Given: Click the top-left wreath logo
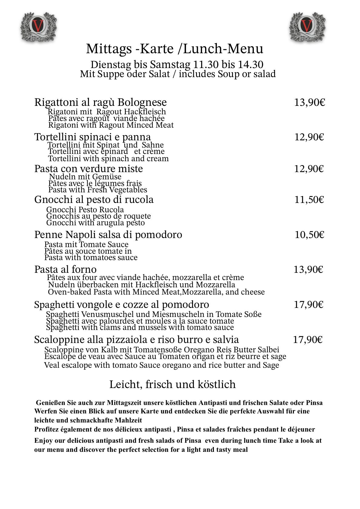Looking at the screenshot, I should pyautogui.click(x=38, y=27).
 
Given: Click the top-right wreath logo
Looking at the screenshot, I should pyautogui.click(x=307, y=27).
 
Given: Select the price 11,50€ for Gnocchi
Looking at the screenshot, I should pyautogui.click(x=309, y=200).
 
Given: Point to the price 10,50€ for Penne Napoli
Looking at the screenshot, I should pyautogui.click(x=309, y=235).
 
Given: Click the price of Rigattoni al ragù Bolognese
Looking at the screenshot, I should pyautogui.click(x=309, y=103).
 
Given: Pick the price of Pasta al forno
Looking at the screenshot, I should pyautogui.click(x=308, y=269).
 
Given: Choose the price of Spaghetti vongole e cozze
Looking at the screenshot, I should pyautogui.click(x=309, y=305).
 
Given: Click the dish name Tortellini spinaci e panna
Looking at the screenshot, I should pyautogui.click(x=93, y=137).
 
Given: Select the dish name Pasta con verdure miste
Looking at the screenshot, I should pyautogui.click(x=89, y=169).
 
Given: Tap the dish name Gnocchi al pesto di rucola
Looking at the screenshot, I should pyautogui.click(x=94, y=200).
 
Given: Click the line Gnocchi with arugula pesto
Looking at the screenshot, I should pyautogui.click(x=96, y=223).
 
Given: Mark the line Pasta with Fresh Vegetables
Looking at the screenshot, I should pyautogui.click(x=98, y=190).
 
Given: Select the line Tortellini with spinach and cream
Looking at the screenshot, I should pyautogui.click(x=108, y=159).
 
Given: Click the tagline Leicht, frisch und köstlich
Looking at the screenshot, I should pyautogui.click(x=172, y=384).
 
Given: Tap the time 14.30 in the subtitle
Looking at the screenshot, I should pyautogui.click(x=250, y=65).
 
